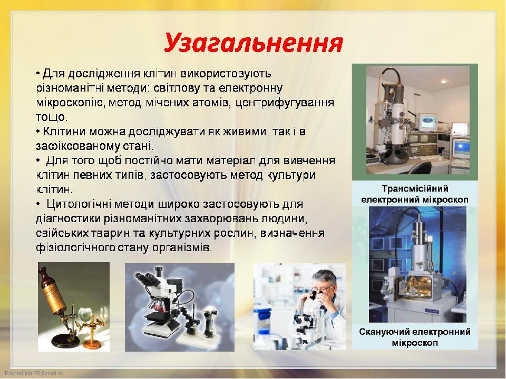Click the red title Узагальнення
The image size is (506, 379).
click(x=254, y=43)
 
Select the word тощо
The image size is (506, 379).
click(x=52, y=117)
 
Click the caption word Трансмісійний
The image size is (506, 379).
click(x=415, y=188)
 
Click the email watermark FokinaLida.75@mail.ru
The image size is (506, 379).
click(x=34, y=373)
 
